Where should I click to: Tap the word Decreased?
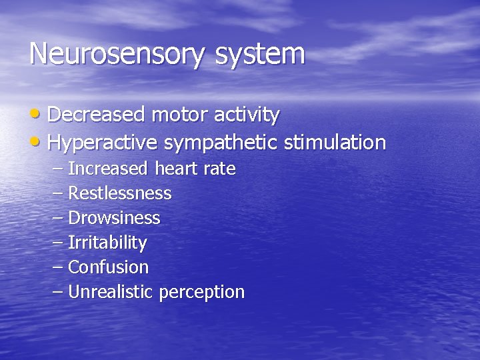[x=96, y=115]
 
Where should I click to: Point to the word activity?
[x=247, y=115]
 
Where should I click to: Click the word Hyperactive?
[x=103, y=143]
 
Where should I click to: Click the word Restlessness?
[x=120, y=193]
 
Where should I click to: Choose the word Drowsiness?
[x=115, y=218]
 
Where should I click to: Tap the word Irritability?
[x=107, y=243]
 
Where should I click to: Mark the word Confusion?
[x=109, y=267]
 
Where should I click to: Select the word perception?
[x=202, y=293]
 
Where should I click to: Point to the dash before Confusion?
[x=57, y=267]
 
